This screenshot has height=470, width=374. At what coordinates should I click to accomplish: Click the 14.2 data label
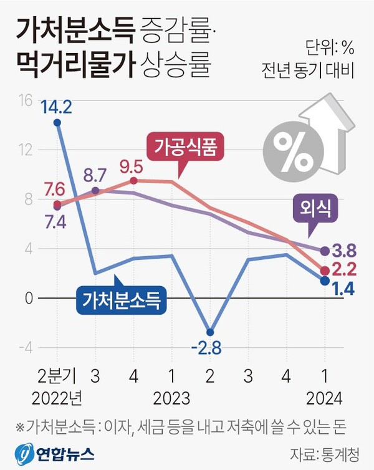(57, 107)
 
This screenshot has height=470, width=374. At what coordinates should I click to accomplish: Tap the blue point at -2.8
(210, 332)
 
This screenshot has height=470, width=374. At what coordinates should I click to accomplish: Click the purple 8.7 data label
(94, 175)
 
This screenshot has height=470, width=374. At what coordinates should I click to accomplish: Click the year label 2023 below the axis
(172, 397)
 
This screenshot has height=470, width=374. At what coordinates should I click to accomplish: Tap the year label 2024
(324, 397)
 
